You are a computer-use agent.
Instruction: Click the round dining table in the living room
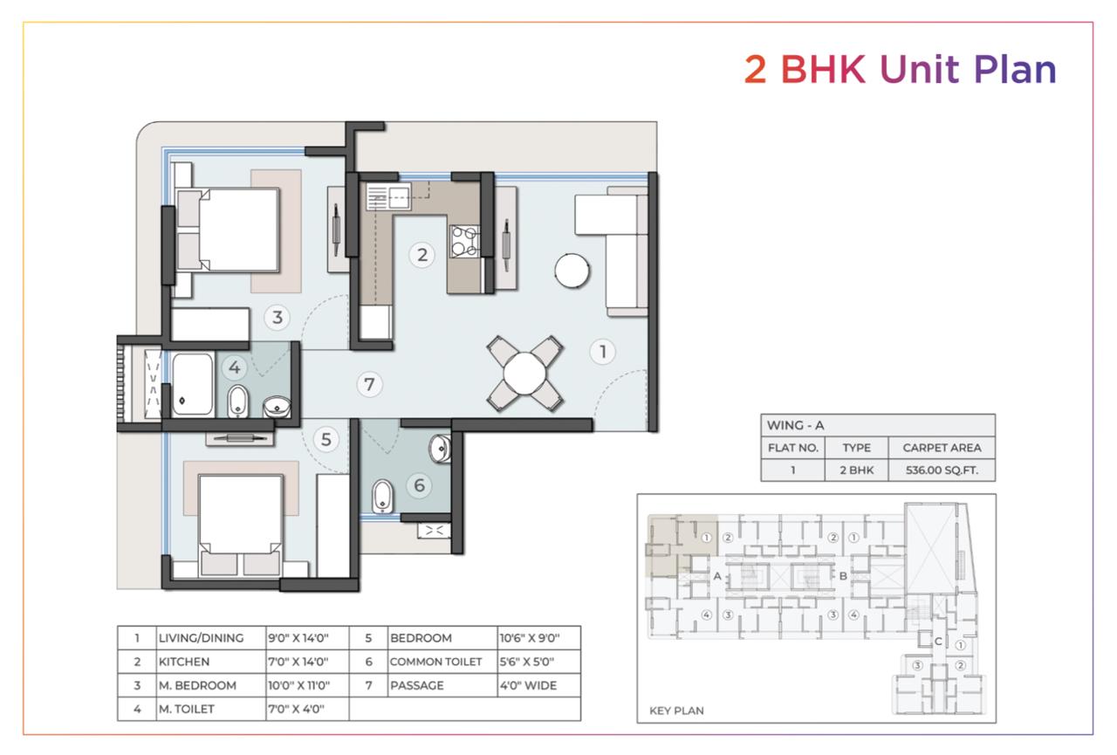(524, 374)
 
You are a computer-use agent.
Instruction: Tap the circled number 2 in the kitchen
(421, 255)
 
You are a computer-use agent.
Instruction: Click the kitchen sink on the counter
(388, 196)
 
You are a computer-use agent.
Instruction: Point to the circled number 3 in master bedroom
(278, 317)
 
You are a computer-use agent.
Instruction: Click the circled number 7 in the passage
(369, 384)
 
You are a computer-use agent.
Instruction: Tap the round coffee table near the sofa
(572, 271)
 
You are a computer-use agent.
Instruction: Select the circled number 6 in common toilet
(419, 485)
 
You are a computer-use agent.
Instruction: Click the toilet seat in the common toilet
(382, 496)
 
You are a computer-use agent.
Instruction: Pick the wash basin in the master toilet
(277, 407)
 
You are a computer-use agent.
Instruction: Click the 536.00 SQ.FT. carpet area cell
(942, 470)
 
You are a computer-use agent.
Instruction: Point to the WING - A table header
(795, 425)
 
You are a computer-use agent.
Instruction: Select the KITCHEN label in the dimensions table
(184, 662)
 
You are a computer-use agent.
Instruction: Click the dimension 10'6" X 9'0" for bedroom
(530, 638)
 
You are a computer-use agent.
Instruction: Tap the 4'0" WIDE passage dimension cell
(528, 685)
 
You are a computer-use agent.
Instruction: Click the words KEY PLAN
(676, 710)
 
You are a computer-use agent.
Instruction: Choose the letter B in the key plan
(843, 576)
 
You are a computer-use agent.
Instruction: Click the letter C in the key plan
(938, 642)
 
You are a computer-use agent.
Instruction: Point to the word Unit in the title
(919, 69)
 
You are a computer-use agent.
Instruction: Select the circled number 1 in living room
(602, 352)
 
